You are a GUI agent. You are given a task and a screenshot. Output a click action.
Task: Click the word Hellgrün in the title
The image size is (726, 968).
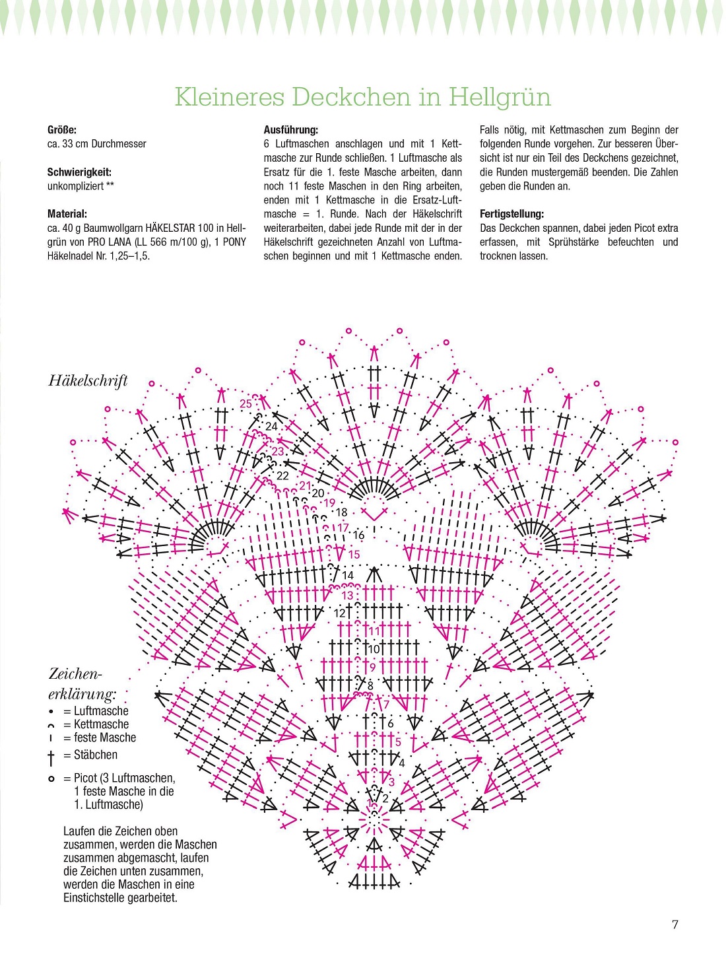pyautogui.click(x=500, y=97)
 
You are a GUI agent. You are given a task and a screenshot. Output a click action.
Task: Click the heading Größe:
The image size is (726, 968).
pyautogui.click(x=62, y=130)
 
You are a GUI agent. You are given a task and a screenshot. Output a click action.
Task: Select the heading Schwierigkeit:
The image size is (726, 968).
pyautogui.click(x=79, y=172)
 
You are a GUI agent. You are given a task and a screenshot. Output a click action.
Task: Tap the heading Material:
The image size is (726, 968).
pyautogui.click(x=67, y=214)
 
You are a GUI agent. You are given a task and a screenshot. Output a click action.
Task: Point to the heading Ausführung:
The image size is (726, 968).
pyautogui.click(x=291, y=130)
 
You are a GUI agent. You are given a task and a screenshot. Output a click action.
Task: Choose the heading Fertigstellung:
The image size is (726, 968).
pyautogui.click(x=512, y=214)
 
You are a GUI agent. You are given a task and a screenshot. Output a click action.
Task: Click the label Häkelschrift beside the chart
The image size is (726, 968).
pyautogui.click(x=88, y=380)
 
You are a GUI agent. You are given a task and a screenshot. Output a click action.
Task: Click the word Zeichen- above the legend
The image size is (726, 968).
pyautogui.click(x=76, y=674)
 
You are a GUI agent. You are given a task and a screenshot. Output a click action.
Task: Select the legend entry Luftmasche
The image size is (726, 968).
pyautogui.click(x=101, y=711)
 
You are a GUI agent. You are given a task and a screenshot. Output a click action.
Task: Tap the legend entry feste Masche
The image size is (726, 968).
pyautogui.click(x=105, y=738)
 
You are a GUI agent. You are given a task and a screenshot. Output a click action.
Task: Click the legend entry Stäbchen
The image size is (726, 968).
pyautogui.click(x=96, y=755)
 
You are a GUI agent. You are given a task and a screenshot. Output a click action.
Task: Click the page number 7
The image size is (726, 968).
pyautogui.click(x=675, y=924)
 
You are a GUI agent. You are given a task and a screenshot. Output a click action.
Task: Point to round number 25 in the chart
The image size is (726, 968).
pyautogui.click(x=246, y=404)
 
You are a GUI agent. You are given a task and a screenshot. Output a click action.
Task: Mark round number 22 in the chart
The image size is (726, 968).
pyautogui.click(x=282, y=475)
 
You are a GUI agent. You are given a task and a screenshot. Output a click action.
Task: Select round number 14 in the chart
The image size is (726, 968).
pyautogui.click(x=348, y=576)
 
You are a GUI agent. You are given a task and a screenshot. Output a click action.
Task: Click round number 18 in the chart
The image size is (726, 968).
pyautogui.click(x=341, y=512)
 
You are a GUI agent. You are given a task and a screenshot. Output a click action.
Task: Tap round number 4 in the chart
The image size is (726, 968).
pyautogui.click(x=401, y=763)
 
